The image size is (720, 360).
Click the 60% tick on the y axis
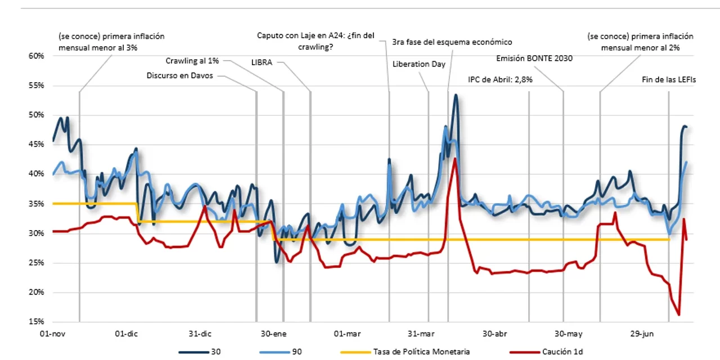[x=36, y=56]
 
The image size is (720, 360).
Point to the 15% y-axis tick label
[x=36, y=322]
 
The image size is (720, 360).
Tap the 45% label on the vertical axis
[x=36, y=145]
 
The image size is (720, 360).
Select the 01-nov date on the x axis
[x=52, y=334]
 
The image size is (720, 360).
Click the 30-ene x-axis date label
[x=274, y=334]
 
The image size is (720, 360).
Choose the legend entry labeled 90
[x=296, y=352]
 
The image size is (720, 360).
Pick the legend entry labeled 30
[x=216, y=352]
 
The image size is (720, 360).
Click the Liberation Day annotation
[x=419, y=64]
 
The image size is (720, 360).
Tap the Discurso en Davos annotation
[x=180, y=75]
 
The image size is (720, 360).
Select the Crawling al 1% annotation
[x=192, y=61]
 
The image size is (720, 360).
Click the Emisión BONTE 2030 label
[x=534, y=58]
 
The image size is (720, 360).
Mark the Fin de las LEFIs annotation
[x=669, y=79]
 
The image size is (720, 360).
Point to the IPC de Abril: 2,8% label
[x=500, y=79]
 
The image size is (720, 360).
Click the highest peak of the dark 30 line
[x=456, y=95]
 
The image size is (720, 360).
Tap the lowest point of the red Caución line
[x=679, y=315]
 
